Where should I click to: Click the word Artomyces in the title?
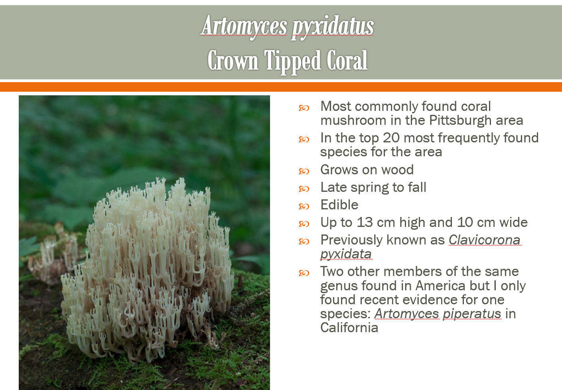(244, 26)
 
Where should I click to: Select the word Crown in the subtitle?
(233, 60)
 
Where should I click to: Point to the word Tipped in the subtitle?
(292, 62)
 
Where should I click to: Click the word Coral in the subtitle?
(347, 60)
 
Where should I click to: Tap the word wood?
(397, 169)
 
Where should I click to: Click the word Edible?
(339, 205)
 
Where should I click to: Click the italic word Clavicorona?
(485, 240)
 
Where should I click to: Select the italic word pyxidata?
(346, 254)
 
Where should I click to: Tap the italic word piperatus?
(472, 314)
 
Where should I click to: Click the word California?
(349, 327)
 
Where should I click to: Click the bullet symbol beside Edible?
(304, 207)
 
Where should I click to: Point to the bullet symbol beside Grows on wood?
(304, 171)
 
